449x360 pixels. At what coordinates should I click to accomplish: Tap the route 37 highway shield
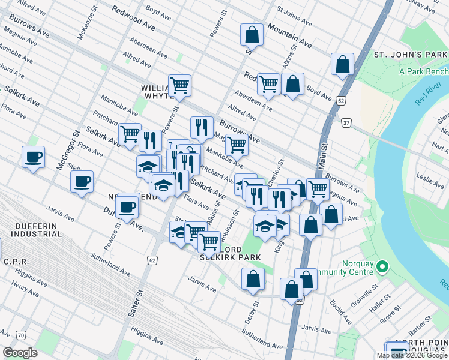(347, 123)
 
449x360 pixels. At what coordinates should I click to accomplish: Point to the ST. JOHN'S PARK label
(411, 55)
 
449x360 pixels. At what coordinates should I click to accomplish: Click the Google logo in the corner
(20, 352)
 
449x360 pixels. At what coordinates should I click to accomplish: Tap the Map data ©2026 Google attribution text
(412, 355)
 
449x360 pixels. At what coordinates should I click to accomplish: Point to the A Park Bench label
(424, 71)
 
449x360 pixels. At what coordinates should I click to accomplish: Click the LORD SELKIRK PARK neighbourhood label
(232, 253)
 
